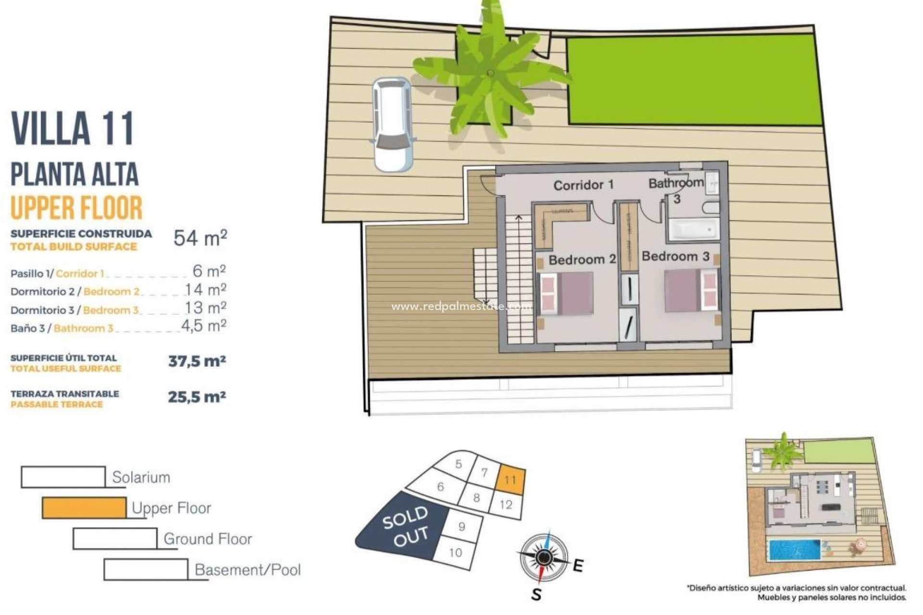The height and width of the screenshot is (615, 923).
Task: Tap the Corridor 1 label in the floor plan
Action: (x=583, y=185)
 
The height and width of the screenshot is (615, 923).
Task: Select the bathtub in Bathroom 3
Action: (x=693, y=230)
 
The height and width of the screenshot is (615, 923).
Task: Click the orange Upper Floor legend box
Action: (x=84, y=508)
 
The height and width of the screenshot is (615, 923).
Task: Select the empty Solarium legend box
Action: (x=63, y=477)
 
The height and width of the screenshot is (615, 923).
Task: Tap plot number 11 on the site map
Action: (x=511, y=480)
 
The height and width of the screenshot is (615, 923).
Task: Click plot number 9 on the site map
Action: (x=462, y=527)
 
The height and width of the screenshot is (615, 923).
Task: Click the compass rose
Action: (x=543, y=557)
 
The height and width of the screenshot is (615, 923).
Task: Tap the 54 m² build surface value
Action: (x=200, y=238)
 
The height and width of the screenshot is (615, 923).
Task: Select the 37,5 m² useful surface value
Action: (x=197, y=361)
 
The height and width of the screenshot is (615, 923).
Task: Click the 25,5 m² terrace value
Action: (x=197, y=397)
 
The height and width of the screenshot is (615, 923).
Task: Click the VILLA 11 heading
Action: (x=73, y=128)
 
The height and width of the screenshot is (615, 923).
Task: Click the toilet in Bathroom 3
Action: (x=711, y=208)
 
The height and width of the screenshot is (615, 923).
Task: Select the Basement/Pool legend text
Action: (x=248, y=570)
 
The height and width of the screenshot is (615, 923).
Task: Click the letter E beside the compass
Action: (x=578, y=566)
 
